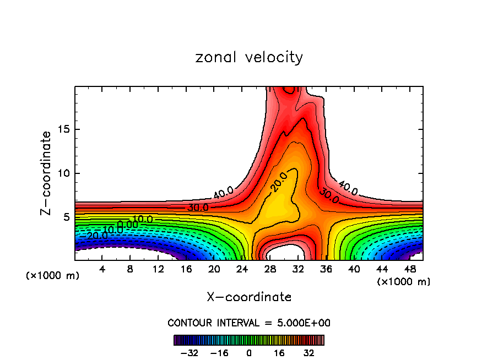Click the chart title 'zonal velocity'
[x=249, y=57]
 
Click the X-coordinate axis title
[x=249, y=297]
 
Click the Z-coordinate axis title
[x=46, y=173]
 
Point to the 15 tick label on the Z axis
[x=62, y=129]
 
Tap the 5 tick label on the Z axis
[x=65, y=217]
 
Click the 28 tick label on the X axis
[x=270, y=269]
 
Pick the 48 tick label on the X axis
[x=409, y=269]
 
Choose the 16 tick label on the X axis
[x=186, y=269]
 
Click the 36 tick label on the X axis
[x=326, y=269]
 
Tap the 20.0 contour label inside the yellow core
[x=280, y=182]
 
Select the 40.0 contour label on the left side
[x=223, y=193]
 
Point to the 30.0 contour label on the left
[x=198, y=208]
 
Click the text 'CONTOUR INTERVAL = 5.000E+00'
[x=249, y=323]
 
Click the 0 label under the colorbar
[x=249, y=352]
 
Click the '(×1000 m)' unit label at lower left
[x=53, y=276]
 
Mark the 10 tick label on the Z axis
[x=62, y=173]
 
